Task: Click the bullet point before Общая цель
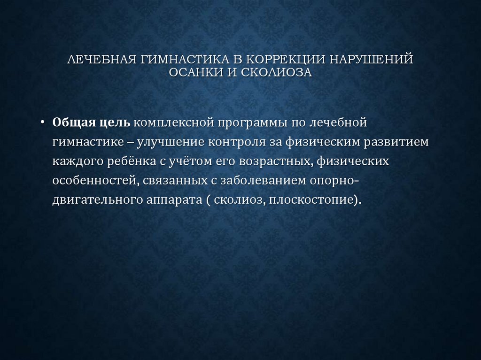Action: click(x=43, y=123)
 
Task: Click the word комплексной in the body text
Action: click(x=172, y=123)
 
